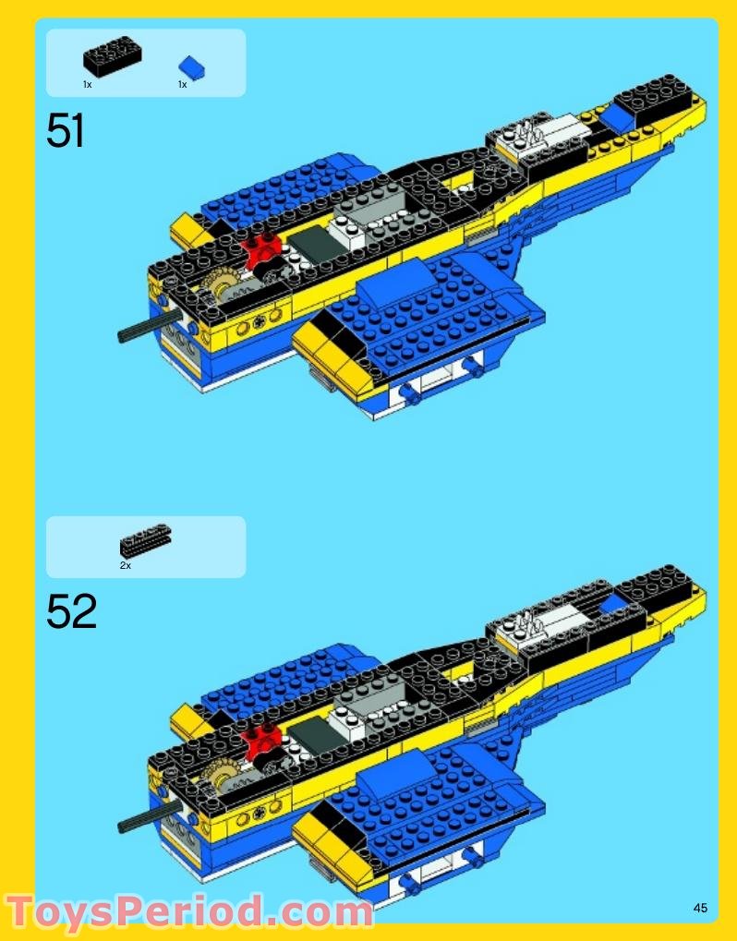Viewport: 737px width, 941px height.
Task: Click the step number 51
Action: (x=66, y=131)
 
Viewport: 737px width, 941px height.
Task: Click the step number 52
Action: (x=71, y=611)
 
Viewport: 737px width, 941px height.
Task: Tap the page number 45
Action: (x=700, y=909)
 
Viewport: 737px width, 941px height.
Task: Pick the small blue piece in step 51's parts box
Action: (x=192, y=66)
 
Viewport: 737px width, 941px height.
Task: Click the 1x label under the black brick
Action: (x=87, y=84)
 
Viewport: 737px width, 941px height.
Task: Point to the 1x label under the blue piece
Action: (x=182, y=84)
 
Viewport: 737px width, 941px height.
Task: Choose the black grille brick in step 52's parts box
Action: (x=145, y=541)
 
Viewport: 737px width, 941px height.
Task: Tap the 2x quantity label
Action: (x=125, y=565)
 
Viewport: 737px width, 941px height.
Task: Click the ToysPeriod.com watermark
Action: (x=189, y=911)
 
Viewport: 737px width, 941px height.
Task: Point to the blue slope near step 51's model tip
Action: (x=619, y=116)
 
